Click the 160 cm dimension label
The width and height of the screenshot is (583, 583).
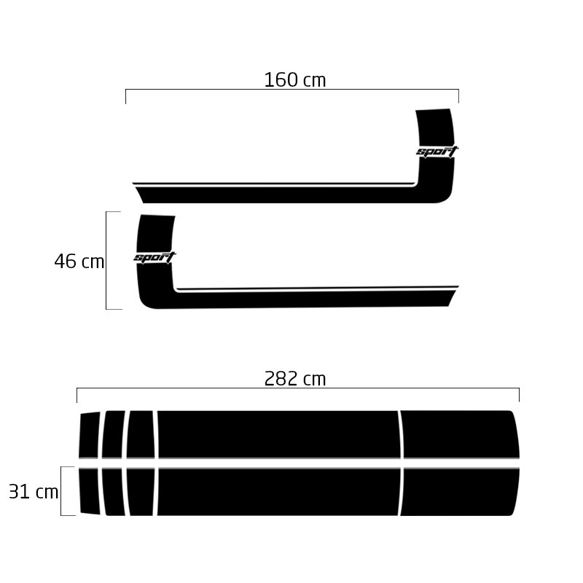pyautogui.click(x=295, y=80)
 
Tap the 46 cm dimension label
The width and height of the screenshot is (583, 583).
pyautogui.click(x=79, y=261)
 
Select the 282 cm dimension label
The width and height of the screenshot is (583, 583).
pyautogui.click(x=295, y=379)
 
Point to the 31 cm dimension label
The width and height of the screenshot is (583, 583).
pyautogui.click(x=34, y=491)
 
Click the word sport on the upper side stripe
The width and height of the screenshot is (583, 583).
pyautogui.click(x=437, y=152)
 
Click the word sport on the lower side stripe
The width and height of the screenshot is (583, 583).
pyautogui.click(x=154, y=257)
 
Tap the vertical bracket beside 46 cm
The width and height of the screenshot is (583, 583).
pyautogui.click(x=106, y=260)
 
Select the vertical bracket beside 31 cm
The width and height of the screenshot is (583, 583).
pyautogui.click(x=61, y=491)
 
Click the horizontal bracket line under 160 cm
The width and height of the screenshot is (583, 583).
pyautogui.click(x=292, y=90)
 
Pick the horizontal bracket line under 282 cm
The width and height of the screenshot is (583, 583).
pyautogui.click(x=298, y=388)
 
